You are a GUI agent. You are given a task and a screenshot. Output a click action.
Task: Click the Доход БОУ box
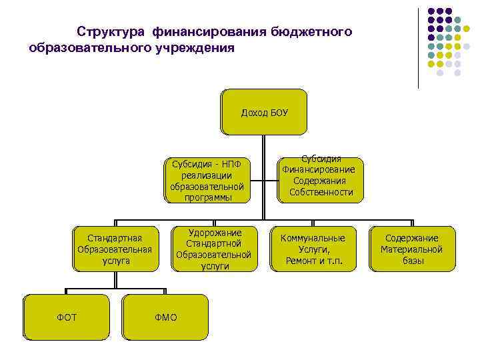point(264,112)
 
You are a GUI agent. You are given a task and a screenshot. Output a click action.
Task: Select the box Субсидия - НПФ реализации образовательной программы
point(207,180)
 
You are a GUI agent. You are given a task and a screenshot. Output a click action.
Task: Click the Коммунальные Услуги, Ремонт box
point(313,249)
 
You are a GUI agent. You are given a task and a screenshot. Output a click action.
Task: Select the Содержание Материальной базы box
point(411,249)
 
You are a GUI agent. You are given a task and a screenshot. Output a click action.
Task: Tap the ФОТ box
point(67,317)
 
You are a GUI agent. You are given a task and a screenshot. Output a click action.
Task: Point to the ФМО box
point(166,317)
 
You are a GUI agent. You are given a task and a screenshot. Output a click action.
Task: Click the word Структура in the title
point(111,32)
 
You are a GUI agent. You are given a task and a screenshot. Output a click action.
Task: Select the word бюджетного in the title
point(311,32)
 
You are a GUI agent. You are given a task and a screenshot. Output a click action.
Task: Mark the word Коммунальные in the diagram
point(313,238)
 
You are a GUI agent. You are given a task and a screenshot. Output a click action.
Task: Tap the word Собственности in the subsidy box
point(321,193)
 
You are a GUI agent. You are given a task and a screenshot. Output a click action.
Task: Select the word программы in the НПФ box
point(207,197)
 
